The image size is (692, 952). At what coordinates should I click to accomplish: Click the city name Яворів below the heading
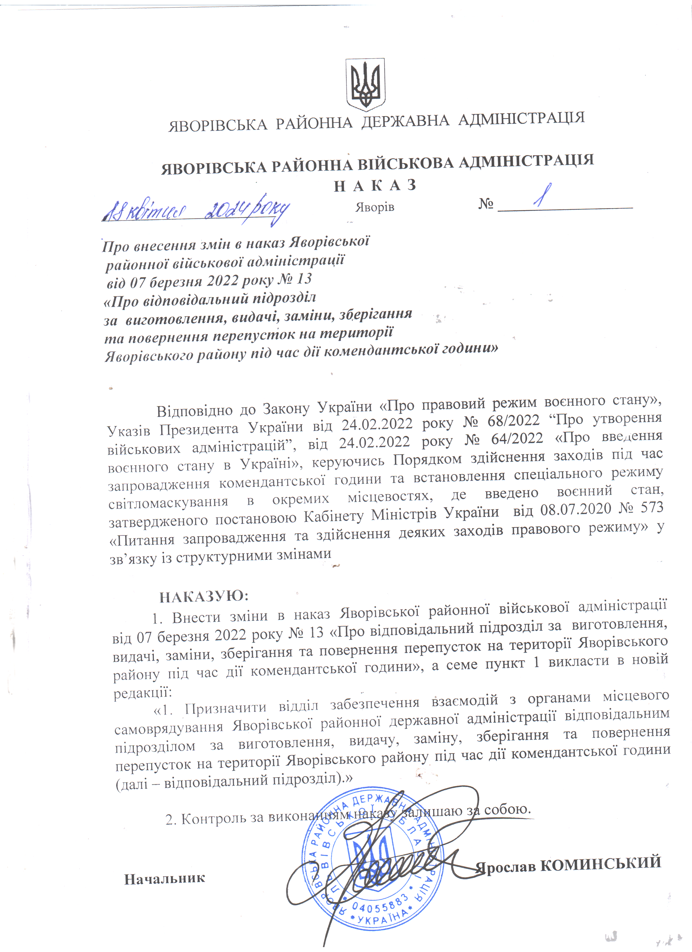point(375,207)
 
